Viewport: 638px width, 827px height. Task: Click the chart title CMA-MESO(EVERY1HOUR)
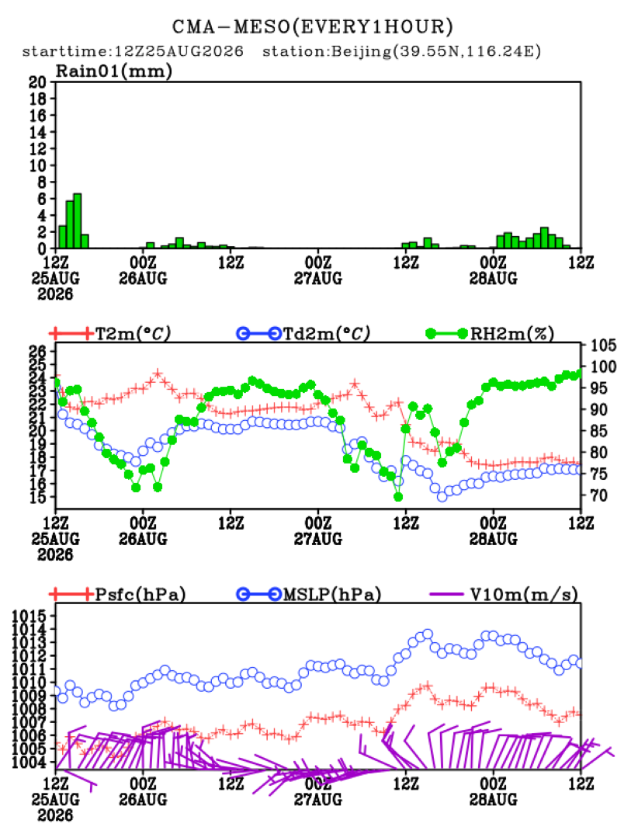313,26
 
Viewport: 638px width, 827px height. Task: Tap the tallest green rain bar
78,221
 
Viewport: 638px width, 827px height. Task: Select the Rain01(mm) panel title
114,71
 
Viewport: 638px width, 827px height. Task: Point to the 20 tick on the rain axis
37,82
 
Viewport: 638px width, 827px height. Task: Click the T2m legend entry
111,333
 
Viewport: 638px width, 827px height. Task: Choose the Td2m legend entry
303,333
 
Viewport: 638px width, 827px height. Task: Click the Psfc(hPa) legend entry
117,594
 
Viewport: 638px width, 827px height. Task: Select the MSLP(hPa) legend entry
309,594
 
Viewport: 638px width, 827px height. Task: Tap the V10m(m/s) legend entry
504,594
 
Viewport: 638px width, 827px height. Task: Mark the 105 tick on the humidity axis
602,346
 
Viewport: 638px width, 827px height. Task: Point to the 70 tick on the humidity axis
598,495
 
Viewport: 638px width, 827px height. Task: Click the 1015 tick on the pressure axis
29,616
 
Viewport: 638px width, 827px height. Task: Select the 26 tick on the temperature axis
38,351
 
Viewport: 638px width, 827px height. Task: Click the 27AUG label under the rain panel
318,278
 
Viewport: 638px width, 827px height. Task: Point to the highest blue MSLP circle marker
428,634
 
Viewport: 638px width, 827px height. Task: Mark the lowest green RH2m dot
398,497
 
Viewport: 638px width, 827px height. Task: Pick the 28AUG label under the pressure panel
493,799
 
